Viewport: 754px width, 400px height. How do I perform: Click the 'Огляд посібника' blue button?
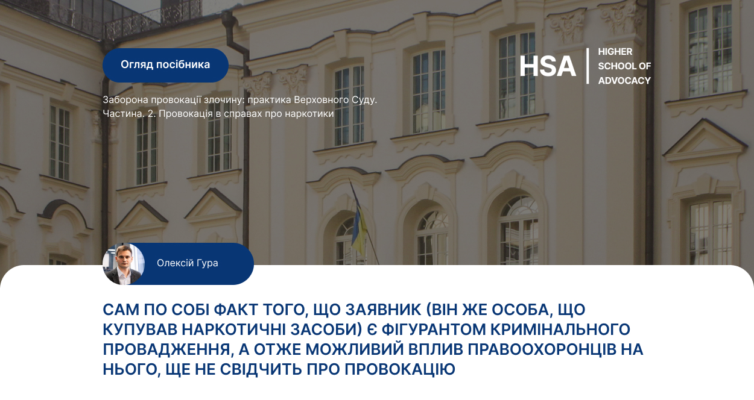click(165, 65)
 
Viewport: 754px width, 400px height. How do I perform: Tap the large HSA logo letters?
click(548, 66)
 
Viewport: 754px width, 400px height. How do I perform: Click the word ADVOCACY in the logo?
click(624, 81)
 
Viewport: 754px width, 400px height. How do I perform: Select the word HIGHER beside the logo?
click(615, 52)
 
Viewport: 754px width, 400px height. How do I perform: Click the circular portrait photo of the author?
click(124, 264)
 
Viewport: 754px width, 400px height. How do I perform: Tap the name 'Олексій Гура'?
click(188, 263)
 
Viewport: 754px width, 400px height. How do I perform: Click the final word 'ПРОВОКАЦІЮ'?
click(400, 369)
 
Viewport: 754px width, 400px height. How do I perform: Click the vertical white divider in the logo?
click(588, 66)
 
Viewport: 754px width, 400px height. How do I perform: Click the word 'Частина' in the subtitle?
click(124, 114)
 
